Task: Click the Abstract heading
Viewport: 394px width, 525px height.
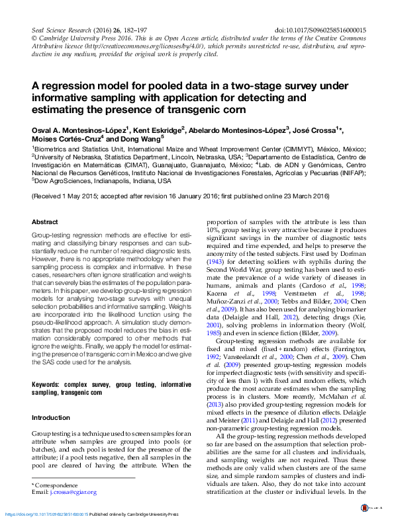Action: pyautogui.click(x=45, y=222)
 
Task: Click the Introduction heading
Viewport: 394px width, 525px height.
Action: pyautogui.click(x=51, y=418)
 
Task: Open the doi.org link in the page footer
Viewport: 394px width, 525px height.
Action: pyautogui.click(x=46, y=514)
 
